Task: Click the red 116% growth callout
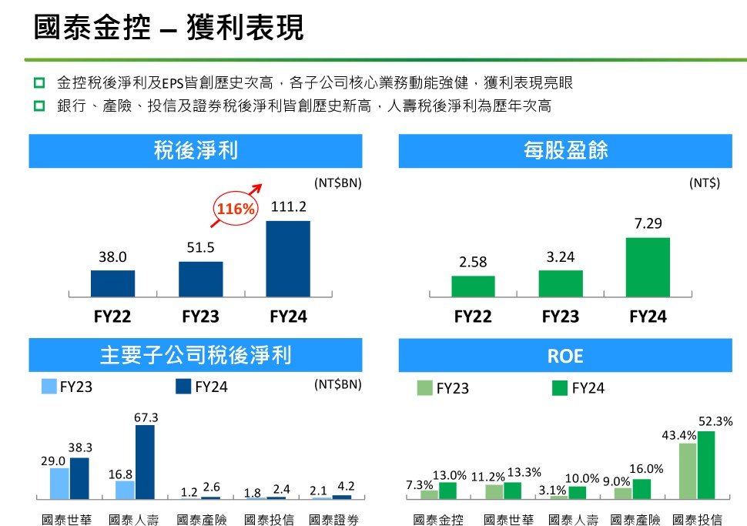point(235,209)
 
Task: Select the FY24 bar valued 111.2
point(289,258)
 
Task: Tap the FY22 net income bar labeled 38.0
point(112,283)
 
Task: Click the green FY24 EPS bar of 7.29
point(648,266)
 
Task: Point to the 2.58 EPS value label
point(473,263)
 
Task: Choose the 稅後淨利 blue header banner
point(196,151)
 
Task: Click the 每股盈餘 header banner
point(565,151)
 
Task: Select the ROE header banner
point(565,356)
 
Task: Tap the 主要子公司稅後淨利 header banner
point(196,356)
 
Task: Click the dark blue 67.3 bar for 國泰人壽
point(145,461)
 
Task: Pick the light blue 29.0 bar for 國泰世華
point(59,483)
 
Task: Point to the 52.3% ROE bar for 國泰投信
point(706,464)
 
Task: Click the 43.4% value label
point(678,436)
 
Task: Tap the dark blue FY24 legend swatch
point(183,387)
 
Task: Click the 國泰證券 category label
point(333,520)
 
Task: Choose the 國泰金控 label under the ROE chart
point(438,520)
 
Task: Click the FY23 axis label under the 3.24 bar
point(561,317)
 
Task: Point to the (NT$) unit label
point(704,183)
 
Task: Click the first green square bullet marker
point(39,82)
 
